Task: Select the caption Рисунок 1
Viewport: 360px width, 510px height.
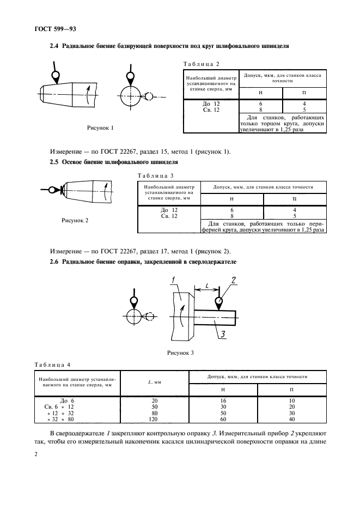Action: pyautogui.click(x=100, y=129)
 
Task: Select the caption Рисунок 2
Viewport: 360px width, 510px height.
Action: pyautogui.click(x=75, y=220)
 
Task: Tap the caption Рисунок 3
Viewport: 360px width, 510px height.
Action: pyautogui.click(x=180, y=353)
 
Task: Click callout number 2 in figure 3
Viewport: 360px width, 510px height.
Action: pyautogui.click(x=233, y=280)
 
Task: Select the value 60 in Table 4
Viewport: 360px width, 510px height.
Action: pyautogui.click(x=223, y=420)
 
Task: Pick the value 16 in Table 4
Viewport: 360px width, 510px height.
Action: pyautogui.click(x=223, y=400)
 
